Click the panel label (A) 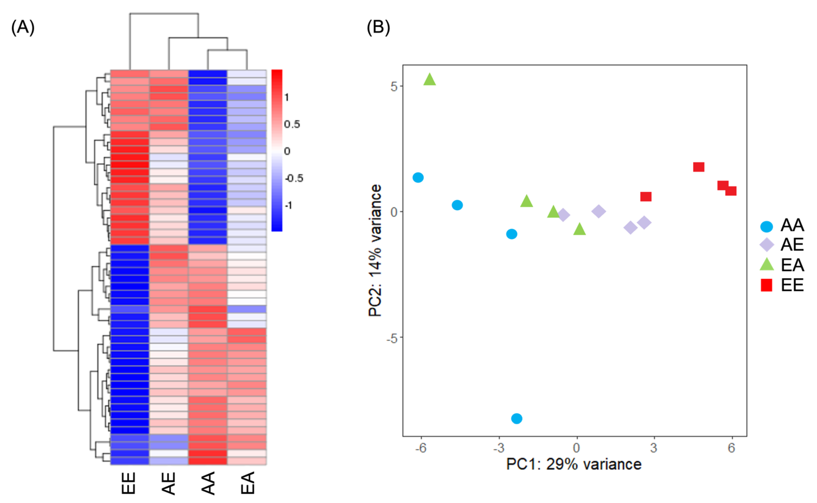click(23, 27)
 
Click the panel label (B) click(378, 27)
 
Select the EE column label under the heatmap click(129, 483)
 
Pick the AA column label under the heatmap click(208, 483)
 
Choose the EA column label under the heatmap click(247, 483)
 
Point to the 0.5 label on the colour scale click(292, 124)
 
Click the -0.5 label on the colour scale click(294, 178)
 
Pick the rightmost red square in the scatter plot click(731, 191)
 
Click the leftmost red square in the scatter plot click(646, 197)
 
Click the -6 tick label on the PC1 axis click(421, 448)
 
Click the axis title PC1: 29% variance click(574, 464)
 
